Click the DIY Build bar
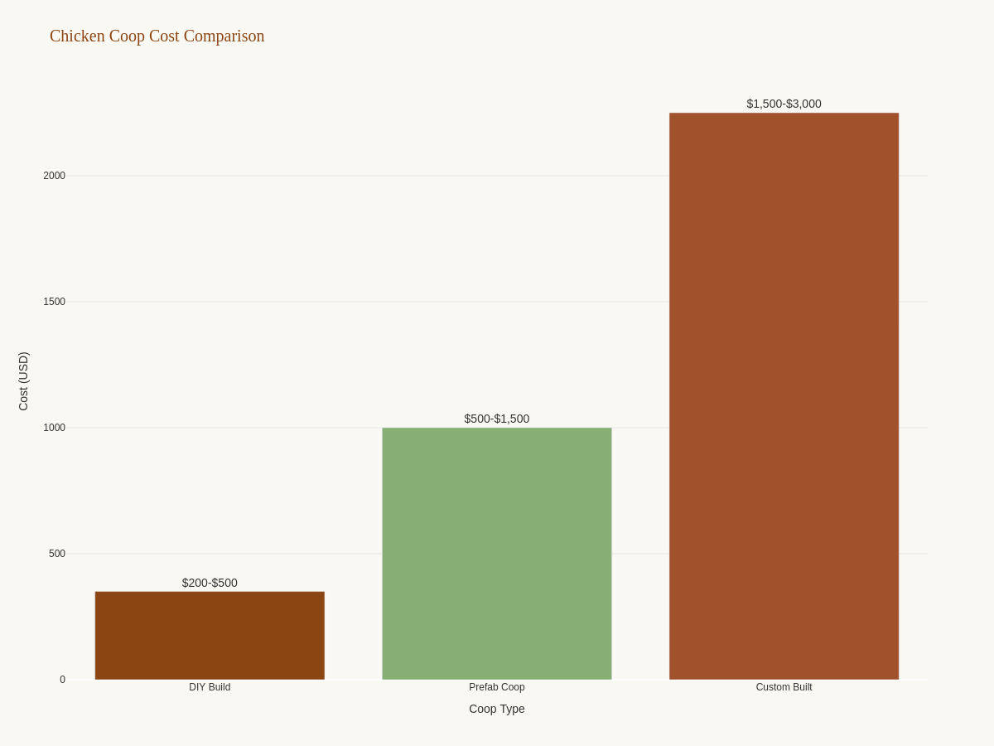(x=210, y=636)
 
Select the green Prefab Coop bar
(x=497, y=554)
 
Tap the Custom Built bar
(x=784, y=396)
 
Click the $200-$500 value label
(x=210, y=583)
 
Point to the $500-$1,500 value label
(x=497, y=419)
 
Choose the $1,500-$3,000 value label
(x=784, y=104)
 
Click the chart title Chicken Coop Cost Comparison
(x=157, y=36)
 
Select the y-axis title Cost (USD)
(x=23, y=381)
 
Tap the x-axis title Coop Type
(x=497, y=709)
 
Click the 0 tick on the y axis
(x=62, y=680)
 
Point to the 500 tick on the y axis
(x=56, y=554)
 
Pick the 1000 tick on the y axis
(x=54, y=428)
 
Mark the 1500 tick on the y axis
(x=54, y=302)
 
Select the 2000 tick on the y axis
(x=54, y=176)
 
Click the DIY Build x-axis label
(x=210, y=687)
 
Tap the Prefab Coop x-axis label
(x=497, y=687)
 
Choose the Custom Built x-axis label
(x=784, y=687)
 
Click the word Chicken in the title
(x=77, y=36)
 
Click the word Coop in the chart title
(x=127, y=36)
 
